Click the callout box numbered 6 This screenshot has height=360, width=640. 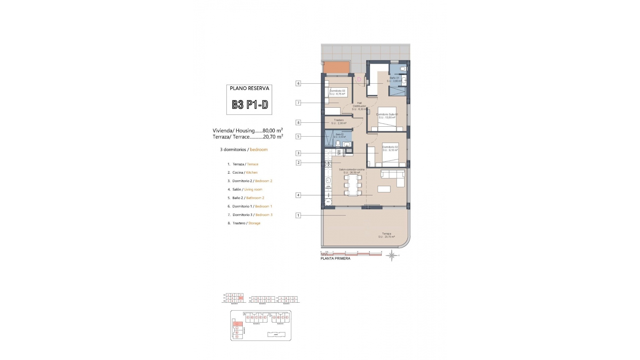tap(298, 83)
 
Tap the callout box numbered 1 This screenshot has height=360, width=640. tap(298, 215)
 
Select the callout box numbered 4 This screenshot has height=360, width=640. tap(298, 195)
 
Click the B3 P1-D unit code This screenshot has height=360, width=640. tap(250, 105)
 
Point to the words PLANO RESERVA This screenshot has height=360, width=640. tap(249, 88)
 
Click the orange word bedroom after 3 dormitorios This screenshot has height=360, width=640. tap(259, 150)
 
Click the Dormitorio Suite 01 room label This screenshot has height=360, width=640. tap(387, 114)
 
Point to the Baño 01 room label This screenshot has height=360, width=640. tap(394, 78)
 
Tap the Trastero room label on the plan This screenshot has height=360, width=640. tap(339, 120)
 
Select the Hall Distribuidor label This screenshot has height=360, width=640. tap(359, 105)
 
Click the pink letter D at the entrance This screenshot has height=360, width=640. tap(359, 79)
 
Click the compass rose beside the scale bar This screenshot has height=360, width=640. tap(392, 256)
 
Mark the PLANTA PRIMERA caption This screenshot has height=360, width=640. tap(335, 258)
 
